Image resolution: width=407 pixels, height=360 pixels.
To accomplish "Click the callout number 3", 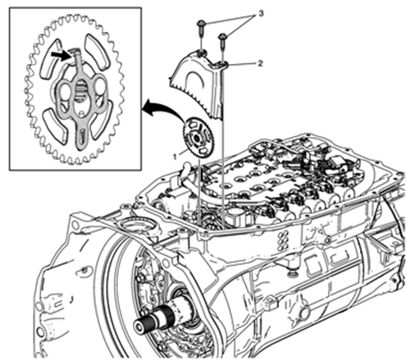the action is [x=261, y=14].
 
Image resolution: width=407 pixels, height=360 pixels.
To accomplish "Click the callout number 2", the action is [x=260, y=64].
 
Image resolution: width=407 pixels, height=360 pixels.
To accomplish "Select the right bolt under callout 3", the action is [x=223, y=41].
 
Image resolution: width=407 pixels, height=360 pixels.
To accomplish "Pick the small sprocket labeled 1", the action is [x=198, y=138].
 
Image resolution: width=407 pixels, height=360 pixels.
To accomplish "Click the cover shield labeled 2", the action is [x=199, y=83].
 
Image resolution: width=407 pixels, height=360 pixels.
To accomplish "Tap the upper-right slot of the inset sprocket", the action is [x=96, y=52].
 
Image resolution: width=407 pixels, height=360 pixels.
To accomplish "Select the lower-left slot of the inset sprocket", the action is [x=54, y=125].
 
